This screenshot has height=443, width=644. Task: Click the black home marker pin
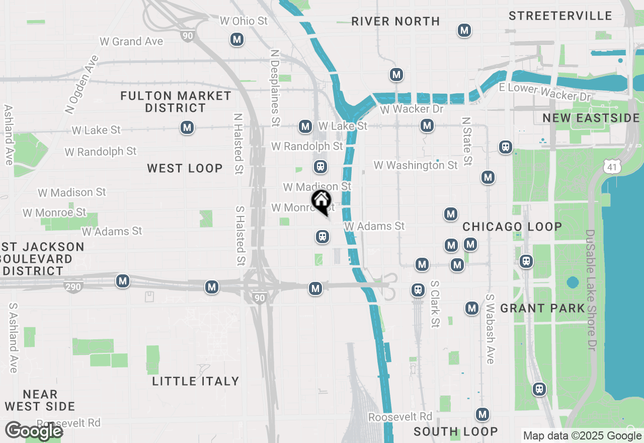coord(321,202)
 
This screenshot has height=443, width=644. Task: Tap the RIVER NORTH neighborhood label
coord(395,21)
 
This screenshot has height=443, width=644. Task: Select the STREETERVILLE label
coord(560,16)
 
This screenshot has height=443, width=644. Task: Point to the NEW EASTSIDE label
coord(591,118)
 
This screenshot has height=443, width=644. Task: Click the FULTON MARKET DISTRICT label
coord(176,102)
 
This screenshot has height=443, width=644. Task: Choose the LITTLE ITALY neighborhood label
coord(196,381)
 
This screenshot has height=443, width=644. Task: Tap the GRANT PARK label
coord(543,308)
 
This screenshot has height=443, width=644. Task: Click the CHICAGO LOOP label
coord(512,227)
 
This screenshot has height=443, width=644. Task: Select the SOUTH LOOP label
coord(455,431)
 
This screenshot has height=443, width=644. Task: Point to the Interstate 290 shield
coord(73,287)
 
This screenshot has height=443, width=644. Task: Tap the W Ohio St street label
coord(244,21)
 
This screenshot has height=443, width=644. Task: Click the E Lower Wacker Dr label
coord(544,92)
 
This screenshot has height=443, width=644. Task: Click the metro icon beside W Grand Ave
coord(237,39)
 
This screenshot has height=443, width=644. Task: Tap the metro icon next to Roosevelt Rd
coord(482,414)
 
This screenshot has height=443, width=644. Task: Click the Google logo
coord(33,431)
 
